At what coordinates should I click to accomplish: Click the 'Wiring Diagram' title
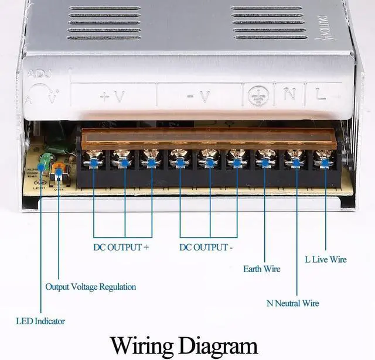pyautogui.click(x=183, y=344)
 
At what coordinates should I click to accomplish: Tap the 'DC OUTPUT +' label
pyautogui.click(x=121, y=247)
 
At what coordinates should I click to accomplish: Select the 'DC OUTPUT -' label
pyautogui.click(x=206, y=247)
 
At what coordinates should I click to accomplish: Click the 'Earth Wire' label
pyautogui.click(x=261, y=269)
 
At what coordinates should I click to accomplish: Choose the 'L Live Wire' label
pyautogui.click(x=326, y=259)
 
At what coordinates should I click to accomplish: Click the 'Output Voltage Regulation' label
pyautogui.click(x=91, y=287)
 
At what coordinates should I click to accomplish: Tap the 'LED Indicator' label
pyautogui.click(x=40, y=321)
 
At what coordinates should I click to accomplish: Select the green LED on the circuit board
pyautogui.click(x=43, y=159)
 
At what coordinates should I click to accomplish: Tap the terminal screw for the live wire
pyautogui.click(x=322, y=157)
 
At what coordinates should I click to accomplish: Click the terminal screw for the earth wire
pyautogui.click(x=265, y=157)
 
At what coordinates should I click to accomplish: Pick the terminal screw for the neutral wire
pyautogui.click(x=294, y=157)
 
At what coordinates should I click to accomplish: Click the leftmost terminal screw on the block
pyautogui.click(x=93, y=157)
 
